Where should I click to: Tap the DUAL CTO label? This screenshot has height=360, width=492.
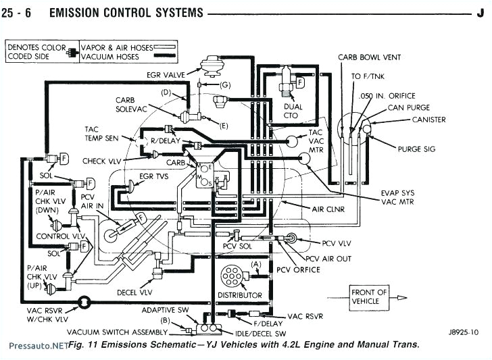pyautogui.click(x=293, y=111)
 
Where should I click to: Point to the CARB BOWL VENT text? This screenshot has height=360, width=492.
pyautogui.click(x=370, y=57)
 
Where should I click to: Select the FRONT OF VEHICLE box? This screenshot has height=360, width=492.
pyautogui.click(x=369, y=297)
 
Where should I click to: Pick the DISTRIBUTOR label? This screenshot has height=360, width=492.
pyautogui.click(x=239, y=296)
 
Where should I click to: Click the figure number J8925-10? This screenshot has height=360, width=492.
pyautogui.click(x=462, y=332)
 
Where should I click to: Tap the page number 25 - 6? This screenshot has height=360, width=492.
pyautogui.click(x=23, y=12)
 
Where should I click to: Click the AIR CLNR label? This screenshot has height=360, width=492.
pyautogui.click(x=328, y=209)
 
